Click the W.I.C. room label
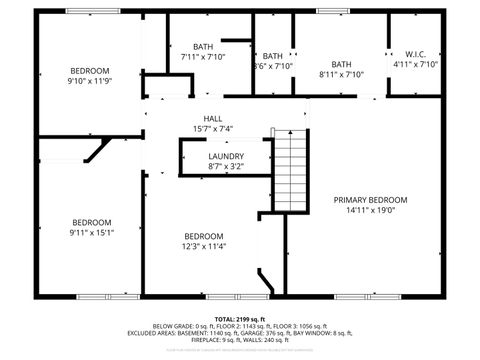(416, 53)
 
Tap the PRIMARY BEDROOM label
(370, 199)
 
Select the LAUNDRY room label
(225, 157)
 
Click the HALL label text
(212, 118)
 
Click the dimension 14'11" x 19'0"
(370, 210)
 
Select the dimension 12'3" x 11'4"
(203, 246)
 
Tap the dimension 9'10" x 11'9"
(90, 80)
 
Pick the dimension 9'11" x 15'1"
(91, 233)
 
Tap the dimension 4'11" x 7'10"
(416, 64)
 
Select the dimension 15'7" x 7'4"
(212, 129)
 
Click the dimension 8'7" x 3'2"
(225, 168)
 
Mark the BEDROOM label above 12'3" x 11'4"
(203, 235)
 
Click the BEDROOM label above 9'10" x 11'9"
(90, 69)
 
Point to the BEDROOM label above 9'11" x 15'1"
(91, 222)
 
